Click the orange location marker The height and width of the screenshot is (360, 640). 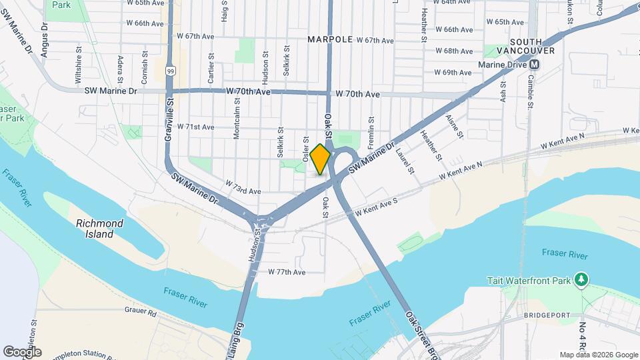(x=320, y=159)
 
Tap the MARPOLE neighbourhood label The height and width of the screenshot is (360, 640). (x=330, y=39)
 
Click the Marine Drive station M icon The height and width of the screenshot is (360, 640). (x=534, y=65)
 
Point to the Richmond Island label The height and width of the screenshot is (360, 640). (x=100, y=229)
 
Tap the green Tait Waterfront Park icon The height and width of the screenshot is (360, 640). (x=581, y=279)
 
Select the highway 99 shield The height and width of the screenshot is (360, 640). (x=171, y=71)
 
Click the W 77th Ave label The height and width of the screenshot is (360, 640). (x=287, y=272)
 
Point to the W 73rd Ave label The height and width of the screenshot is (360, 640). (x=243, y=191)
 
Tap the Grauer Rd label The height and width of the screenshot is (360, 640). (x=140, y=311)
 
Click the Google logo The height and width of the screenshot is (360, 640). (x=22, y=352)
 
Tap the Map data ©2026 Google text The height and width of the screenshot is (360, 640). (x=598, y=355)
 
